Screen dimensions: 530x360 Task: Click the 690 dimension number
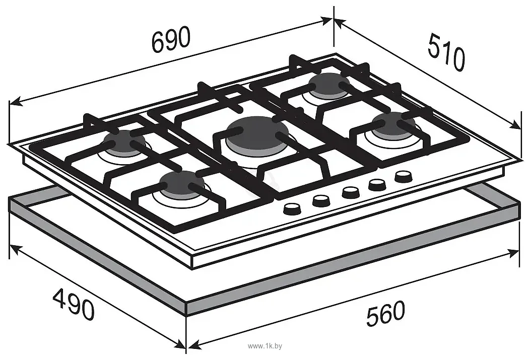[171, 39]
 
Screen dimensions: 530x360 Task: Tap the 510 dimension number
[446, 52]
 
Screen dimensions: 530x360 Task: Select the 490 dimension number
[74, 304]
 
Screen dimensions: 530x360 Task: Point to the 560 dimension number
[386, 314]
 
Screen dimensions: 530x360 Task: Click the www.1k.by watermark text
[265, 346]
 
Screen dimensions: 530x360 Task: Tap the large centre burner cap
[257, 132]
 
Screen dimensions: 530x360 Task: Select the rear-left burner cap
[124, 141]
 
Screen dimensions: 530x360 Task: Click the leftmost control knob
[292, 209]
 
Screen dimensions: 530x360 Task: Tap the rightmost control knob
[403, 177]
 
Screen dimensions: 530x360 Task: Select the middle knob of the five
[351, 192]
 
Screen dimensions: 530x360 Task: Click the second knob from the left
[321, 200]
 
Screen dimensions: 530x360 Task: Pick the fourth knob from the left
[377, 184]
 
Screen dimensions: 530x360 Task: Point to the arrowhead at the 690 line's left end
[16, 101]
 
